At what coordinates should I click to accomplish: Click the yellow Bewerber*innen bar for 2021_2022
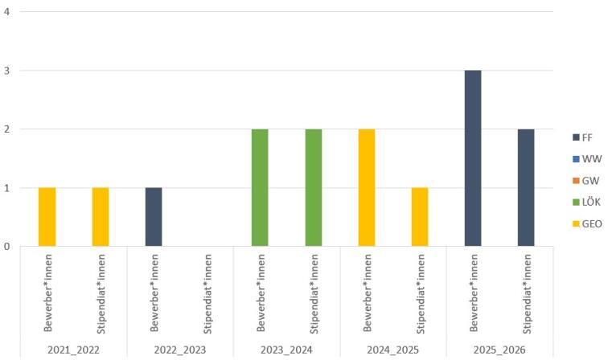47,217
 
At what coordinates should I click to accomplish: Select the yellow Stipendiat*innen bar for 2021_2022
101,217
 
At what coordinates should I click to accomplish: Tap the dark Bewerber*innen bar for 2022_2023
154,217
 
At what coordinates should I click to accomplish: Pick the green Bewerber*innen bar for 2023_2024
260,187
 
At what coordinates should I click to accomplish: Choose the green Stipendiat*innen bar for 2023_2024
313,187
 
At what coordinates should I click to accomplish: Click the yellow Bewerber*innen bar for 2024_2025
366,187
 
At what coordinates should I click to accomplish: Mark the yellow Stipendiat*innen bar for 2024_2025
419,217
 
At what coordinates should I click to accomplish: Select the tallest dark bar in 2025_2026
473,158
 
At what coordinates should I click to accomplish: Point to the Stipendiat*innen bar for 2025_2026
526,187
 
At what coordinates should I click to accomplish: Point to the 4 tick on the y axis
7,11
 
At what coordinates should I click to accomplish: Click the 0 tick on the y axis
7,246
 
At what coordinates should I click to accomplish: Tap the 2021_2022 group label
74,350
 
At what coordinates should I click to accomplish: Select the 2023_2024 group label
286,350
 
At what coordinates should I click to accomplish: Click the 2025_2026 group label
499,350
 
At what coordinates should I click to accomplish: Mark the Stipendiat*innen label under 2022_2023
207,293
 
